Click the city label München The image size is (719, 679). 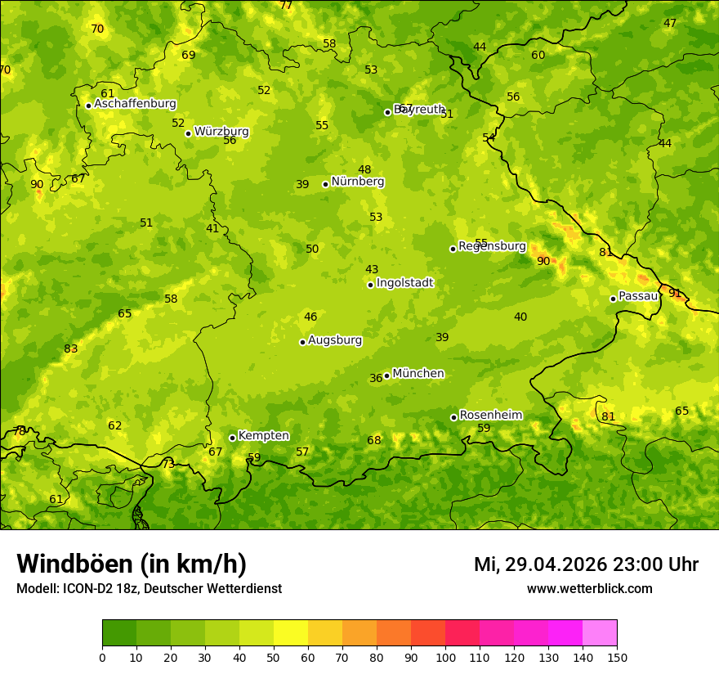click(418, 374)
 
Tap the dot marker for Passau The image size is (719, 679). click(613, 299)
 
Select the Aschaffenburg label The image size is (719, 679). click(135, 104)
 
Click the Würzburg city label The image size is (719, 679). click(221, 132)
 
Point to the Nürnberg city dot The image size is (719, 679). click(325, 184)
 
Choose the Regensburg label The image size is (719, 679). click(492, 246)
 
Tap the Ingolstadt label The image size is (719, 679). click(404, 283)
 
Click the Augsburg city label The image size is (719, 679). click(335, 340)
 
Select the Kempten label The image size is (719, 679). click(263, 436)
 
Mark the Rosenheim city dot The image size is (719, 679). click(453, 417)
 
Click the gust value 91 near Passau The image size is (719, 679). click(675, 293)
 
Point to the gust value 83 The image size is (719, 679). click(71, 348)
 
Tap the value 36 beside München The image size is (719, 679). click(376, 378)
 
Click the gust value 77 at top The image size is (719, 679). click(286, 5)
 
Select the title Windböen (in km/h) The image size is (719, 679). click(131, 564)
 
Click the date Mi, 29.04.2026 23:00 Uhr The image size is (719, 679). click(586, 564)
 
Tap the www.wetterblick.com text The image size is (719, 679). click(589, 589)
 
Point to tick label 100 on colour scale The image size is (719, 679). click(445, 658)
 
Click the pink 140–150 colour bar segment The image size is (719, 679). click(600, 633)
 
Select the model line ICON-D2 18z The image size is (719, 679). click(149, 588)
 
